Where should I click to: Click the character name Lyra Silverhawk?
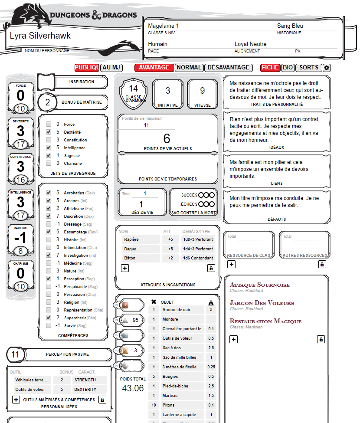[x=40, y=36]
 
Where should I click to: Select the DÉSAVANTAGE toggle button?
[x=229, y=68]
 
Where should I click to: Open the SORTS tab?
[x=309, y=68]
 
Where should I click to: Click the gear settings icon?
[x=327, y=68]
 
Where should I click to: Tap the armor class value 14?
[x=133, y=89]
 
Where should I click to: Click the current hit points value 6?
[x=167, y=138]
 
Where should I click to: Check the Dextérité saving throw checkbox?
[x=49, y=132]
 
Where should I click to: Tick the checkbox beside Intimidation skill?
[x=49, y=248]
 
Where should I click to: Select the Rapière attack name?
[x=131, y=239]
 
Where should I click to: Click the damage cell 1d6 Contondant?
[x=198, y=258]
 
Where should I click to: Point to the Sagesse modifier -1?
[x=20, y=237]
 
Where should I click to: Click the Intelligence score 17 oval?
[x=20, y=216]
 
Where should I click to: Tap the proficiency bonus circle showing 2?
[x=48, y=102]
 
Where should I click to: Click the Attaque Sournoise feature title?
[x=259, y=285]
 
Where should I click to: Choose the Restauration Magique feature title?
[x=265, y=321]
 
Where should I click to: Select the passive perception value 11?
[x=16, y=354]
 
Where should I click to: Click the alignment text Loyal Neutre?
[x=250, y=44]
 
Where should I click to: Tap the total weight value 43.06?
[x=133, y=388]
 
